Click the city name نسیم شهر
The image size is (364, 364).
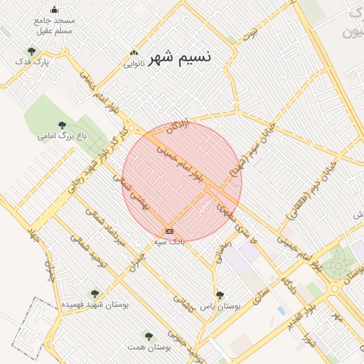click(183, 56)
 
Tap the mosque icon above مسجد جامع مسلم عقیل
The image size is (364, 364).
click(55, 10)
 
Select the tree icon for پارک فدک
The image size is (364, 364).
click(31, 50)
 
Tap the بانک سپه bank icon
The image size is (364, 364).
click(169, 231)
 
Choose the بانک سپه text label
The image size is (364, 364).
click(169, 242)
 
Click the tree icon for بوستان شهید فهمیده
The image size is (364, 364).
click(95, 293)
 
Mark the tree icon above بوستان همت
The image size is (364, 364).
click(148, 336)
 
